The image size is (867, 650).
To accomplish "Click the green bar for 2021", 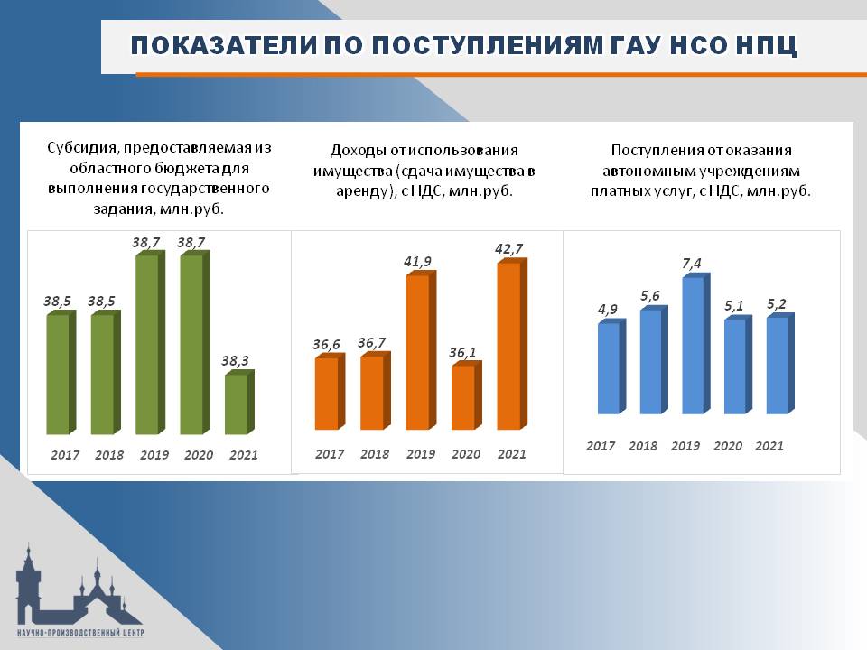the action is click(x=239, y=403).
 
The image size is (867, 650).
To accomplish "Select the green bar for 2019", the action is click(x=150, y=343).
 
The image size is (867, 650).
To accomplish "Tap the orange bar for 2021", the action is click(x=512, y=344).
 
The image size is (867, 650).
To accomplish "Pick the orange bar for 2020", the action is click(x=467, y=395).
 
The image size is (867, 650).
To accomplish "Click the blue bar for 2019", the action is click(x=695, y=343).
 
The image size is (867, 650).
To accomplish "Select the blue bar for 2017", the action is click(x=611, y=367).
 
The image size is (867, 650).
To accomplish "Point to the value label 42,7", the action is click(x=508, y=249).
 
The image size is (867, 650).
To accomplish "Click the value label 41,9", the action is click(x=417, y=262).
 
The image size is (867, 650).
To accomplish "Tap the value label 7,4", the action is click(x=692, y=264).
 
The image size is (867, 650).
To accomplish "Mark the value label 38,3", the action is click(x=235, y=361).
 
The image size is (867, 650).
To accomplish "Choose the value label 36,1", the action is click(x=462, y=353).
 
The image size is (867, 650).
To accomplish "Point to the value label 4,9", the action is click(x=608, y=310).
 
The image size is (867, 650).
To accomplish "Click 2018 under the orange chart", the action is click(x=375, y=454).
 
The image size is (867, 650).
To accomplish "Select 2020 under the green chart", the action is click(x=199, y=455).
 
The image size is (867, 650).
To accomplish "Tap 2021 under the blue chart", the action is click(x=769, y=445).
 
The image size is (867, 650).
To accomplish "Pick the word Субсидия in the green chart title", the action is click(x=82, y=148).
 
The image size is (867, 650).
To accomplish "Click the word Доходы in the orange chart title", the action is click(x=359, y=151).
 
